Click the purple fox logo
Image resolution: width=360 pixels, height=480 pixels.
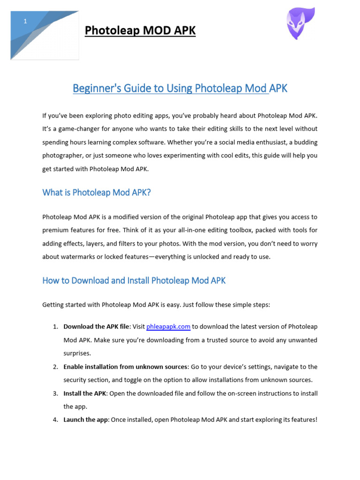pyautogui.click(x=300, y=24)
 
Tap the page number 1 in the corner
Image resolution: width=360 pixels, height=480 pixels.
pyautogui.click(x=25, y=21)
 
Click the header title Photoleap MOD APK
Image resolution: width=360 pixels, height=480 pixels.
pyautogui.click(x=140, y=31)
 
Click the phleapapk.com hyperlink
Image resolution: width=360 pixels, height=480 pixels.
pyautogui.click(x=168, y=326)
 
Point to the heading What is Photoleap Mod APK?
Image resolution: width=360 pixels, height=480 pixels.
pyautogui.click(x=97, y=192)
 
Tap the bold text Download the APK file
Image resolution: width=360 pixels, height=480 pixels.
pyautogui.click(x=96, y=326)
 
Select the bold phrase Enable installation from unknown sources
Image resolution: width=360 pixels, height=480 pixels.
pyautogui.click(x=125, y=367)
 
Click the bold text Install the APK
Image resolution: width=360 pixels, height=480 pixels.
pyautogui.click(x=85, y=393)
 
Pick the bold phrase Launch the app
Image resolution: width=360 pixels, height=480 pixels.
pyautogui.click(x=86, y=420)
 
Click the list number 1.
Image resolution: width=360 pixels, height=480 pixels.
pyautogui.click(x=55, y=326)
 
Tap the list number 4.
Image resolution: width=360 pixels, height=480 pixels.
pyautogui.click(x=55, y=420)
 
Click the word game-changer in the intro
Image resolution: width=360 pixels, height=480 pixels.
pyautogui.click(x=80, y=128)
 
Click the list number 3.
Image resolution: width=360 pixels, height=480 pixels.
pyautogui.click(x=55, y=393)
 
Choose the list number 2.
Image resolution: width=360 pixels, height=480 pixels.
pyautogui.click(x=55, y=367)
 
